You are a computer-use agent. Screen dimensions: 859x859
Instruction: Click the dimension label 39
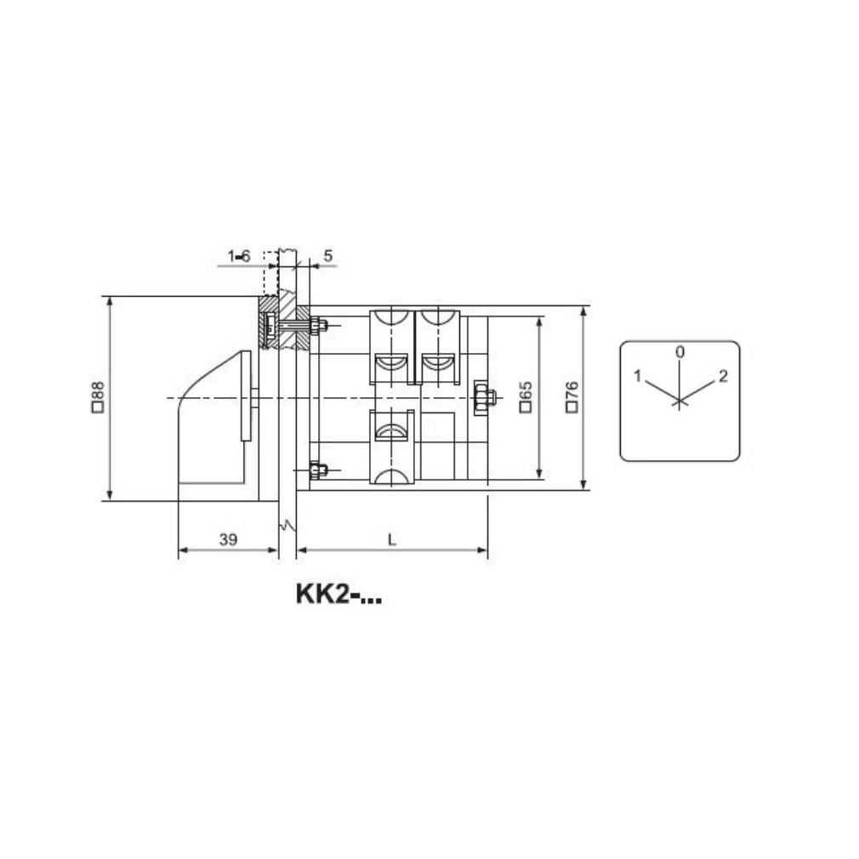(229, 539)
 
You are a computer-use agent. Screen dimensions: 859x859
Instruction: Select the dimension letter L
(391, 540)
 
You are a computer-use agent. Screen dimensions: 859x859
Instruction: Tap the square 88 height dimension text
(98, 396)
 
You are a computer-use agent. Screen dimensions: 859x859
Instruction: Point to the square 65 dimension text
(526, 396)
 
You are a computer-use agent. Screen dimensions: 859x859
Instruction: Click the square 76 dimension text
(572, 396)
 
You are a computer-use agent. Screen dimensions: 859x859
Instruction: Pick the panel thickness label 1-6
(239, 256)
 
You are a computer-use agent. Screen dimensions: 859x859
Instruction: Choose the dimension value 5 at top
(328, 256)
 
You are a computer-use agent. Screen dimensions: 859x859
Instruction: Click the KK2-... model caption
(338, 594)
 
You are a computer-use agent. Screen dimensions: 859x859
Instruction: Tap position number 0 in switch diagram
(680, 352)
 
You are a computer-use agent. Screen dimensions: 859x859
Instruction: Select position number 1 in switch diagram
(637, 376)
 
